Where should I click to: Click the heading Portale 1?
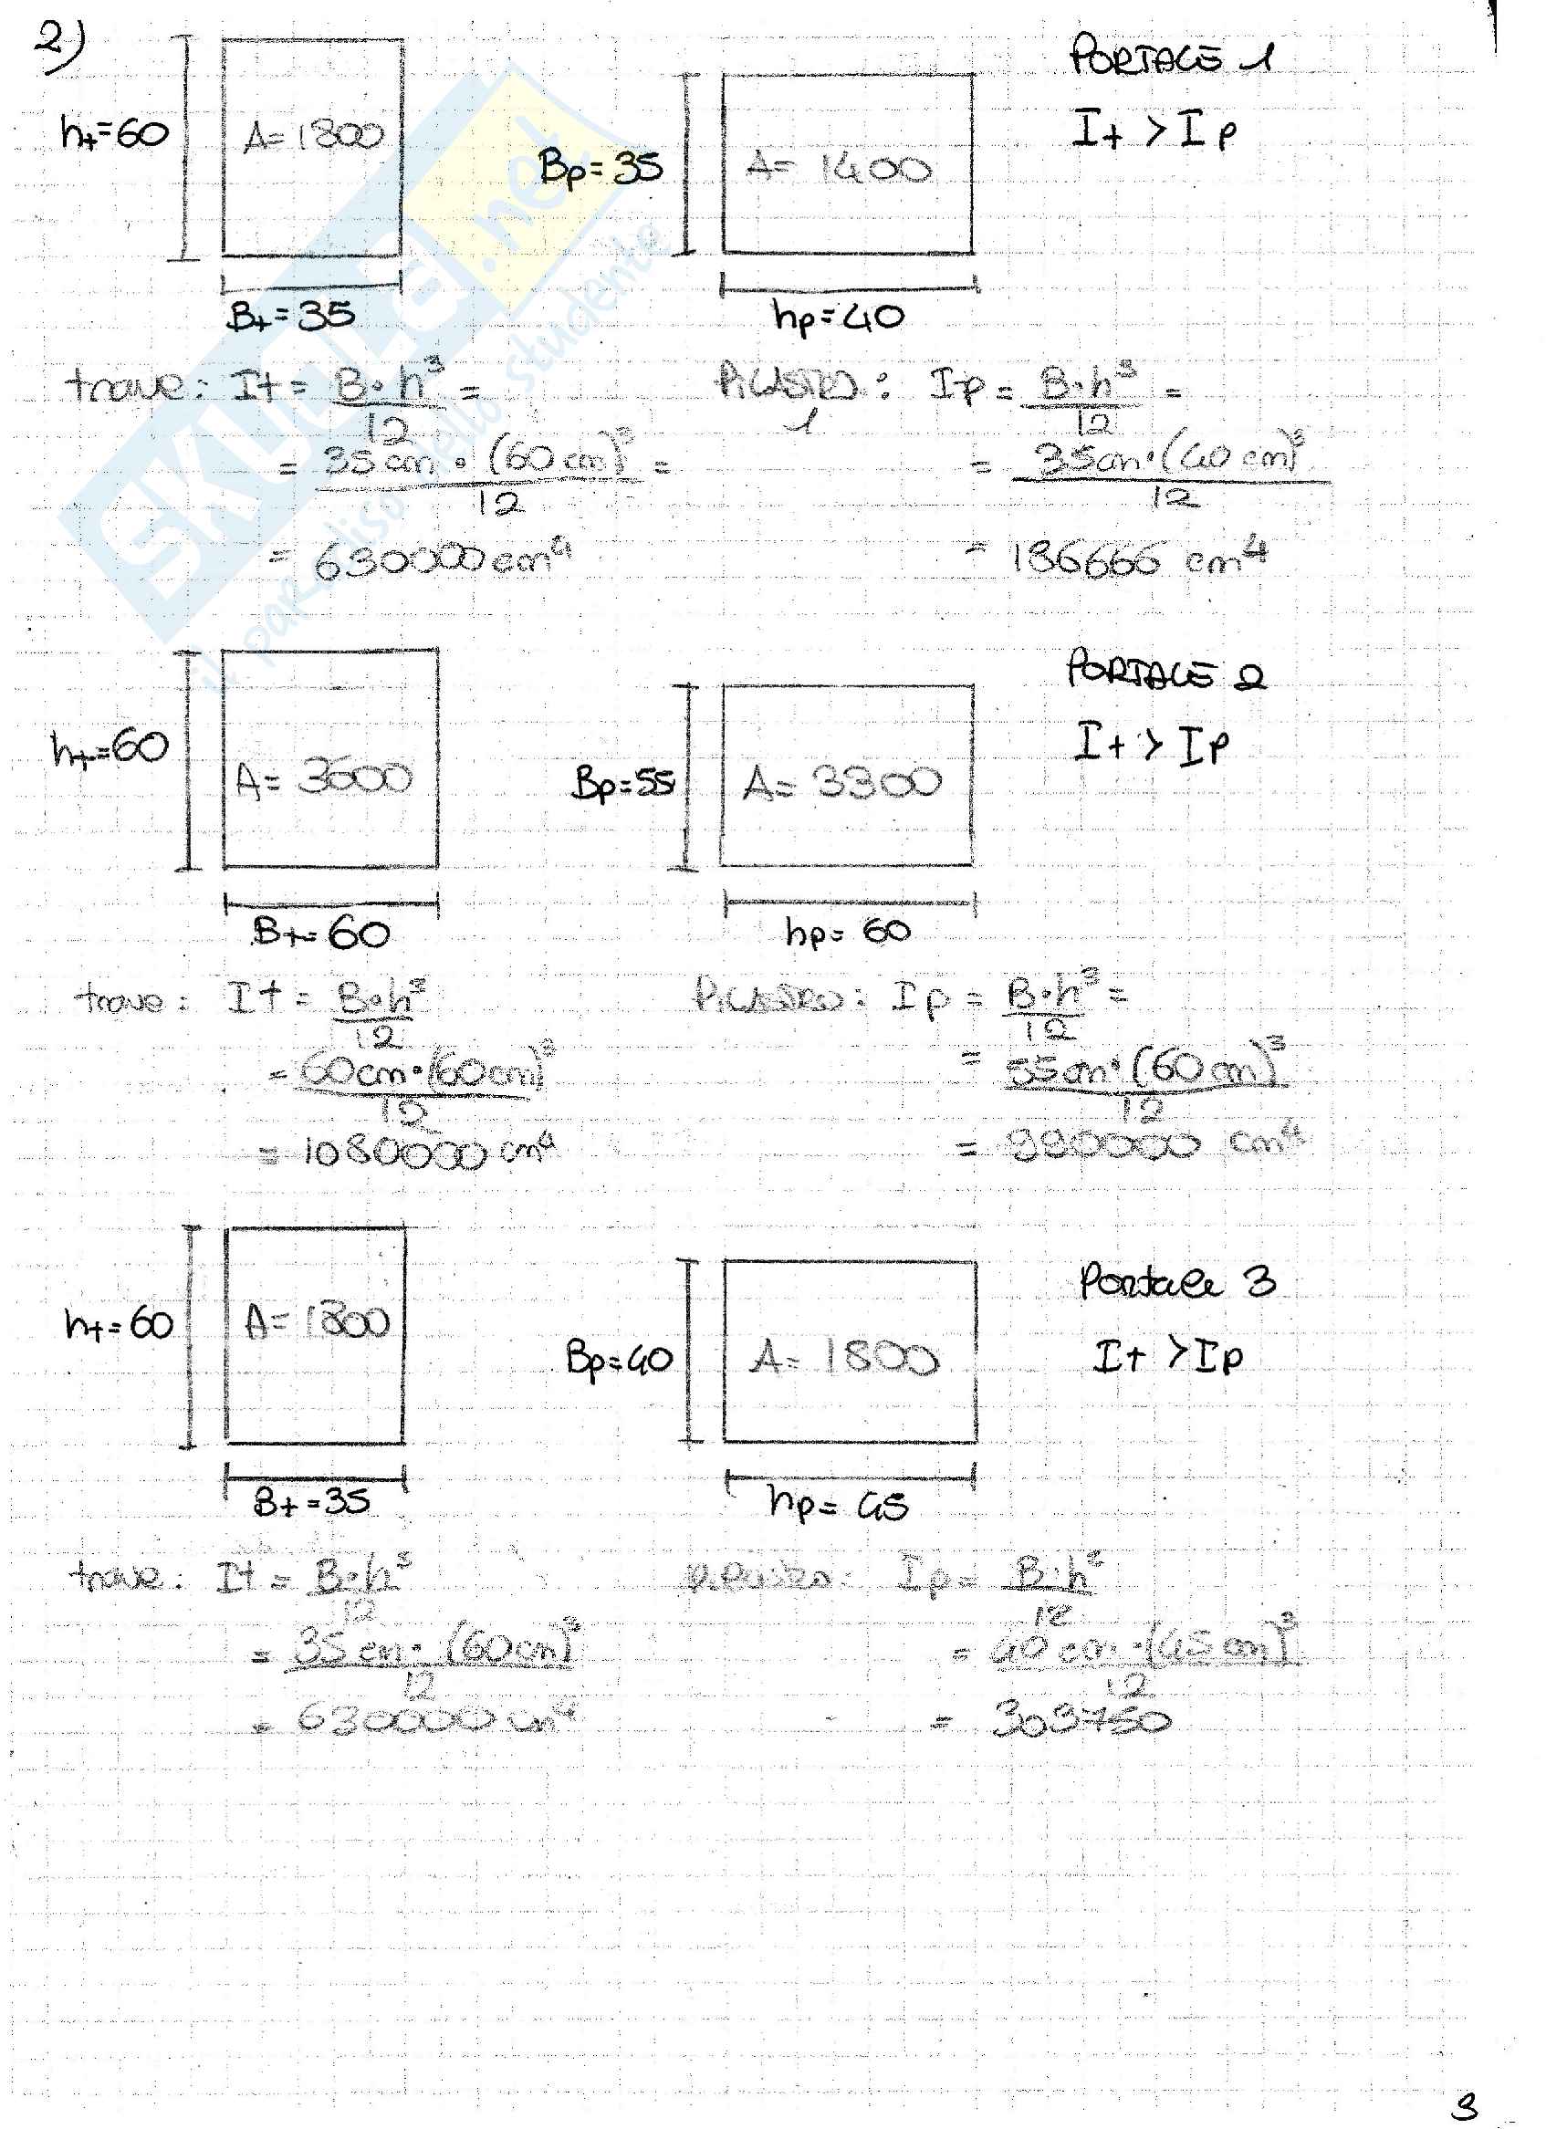(1171, 57)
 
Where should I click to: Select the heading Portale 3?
(1177, 1281)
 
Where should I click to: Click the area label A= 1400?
(838, 169)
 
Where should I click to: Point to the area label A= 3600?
(324, 778)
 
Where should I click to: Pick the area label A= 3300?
(842, 782)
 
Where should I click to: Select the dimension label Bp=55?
(623, 783)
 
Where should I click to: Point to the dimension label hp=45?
(838, 1505)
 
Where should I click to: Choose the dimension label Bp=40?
(619, 1359)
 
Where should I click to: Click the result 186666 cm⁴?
(1140, 560)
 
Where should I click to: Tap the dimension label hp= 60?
(848, 931)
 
